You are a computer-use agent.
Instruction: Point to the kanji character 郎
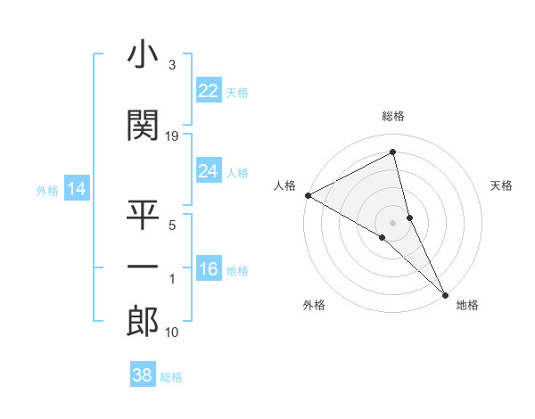coord(143,321)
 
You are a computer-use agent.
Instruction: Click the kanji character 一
coord(143,267)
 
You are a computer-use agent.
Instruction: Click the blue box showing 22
coord(209,91)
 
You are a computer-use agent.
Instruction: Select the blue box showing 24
coord(209,171)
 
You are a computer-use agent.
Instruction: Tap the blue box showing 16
coord(209,269)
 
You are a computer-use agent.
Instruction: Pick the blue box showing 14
coord(77,189)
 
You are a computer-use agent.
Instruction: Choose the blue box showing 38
coord(143,375)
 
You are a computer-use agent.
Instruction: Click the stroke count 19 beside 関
coord(172,136)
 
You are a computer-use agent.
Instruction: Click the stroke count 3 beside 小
coord(172,65)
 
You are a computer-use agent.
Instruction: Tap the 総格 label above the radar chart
coord(393,116)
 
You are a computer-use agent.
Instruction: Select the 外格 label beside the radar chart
coord(314,305)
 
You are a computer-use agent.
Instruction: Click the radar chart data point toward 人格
coord(308,195)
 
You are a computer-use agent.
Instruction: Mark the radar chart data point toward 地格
coord(445,294)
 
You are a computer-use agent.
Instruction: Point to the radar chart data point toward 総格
coord(393,153)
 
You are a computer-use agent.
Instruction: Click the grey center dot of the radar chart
coord(392,221)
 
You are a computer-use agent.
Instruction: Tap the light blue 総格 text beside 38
coord(172,376)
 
